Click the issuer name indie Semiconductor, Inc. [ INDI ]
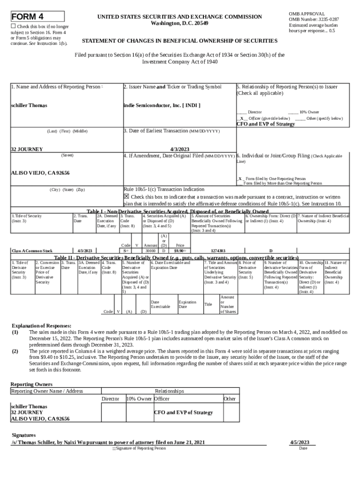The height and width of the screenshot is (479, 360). pos(162,105)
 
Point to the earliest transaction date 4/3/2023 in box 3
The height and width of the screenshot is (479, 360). pos(178,149)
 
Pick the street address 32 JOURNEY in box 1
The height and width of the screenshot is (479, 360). pos(27,149)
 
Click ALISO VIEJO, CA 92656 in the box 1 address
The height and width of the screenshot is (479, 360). pos(40,173)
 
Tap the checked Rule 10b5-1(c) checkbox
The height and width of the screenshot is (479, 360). pos(126,196)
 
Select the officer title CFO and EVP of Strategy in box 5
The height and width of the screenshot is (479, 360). pos(266,124)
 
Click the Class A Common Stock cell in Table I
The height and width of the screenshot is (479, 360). pos(32,251)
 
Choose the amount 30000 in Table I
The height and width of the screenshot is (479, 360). pos(150,251)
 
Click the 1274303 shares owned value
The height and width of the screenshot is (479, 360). pos(218,251)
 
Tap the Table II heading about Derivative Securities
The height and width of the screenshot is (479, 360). pos(176,257)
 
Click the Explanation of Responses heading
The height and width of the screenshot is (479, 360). pos(42,326)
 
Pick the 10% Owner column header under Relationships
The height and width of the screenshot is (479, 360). pos(139,399)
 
